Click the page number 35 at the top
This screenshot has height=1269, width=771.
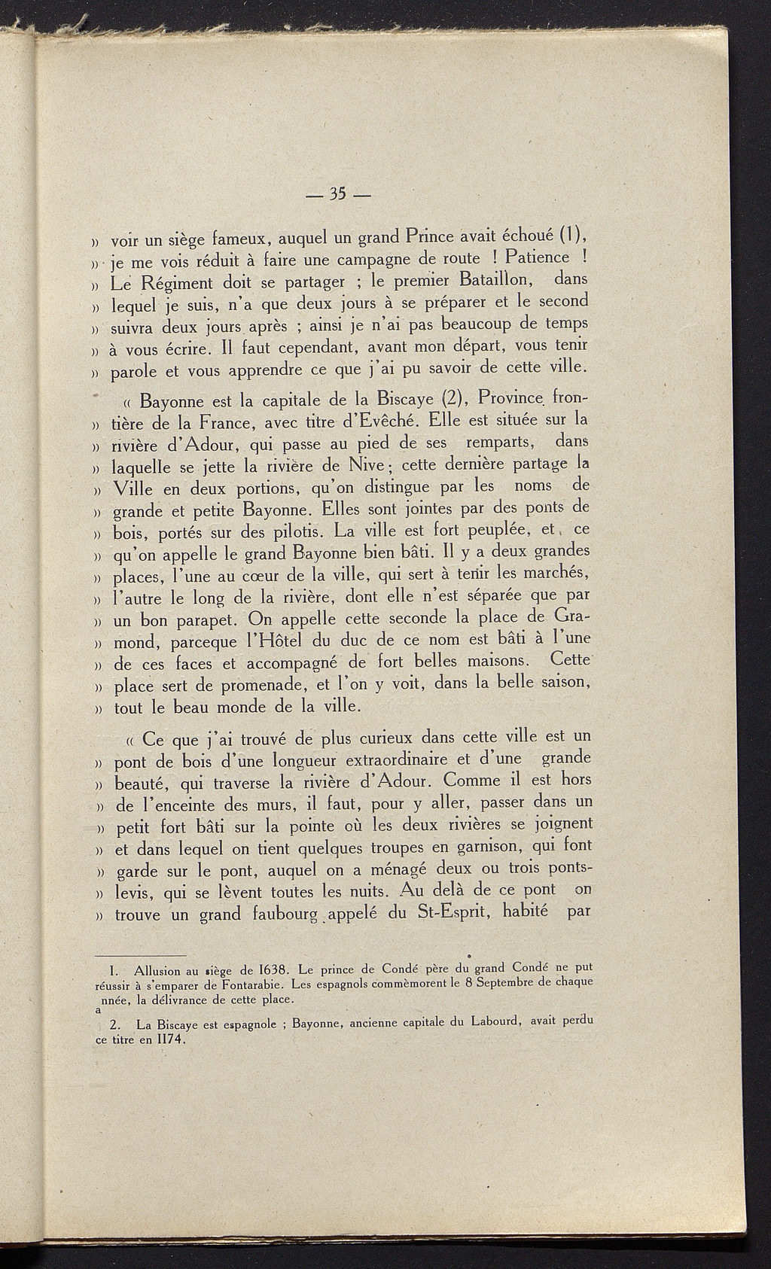(x=336, y=195)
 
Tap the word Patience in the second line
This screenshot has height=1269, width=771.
(x=537, y=257)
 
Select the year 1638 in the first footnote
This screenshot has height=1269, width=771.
(x=268, y=968)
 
